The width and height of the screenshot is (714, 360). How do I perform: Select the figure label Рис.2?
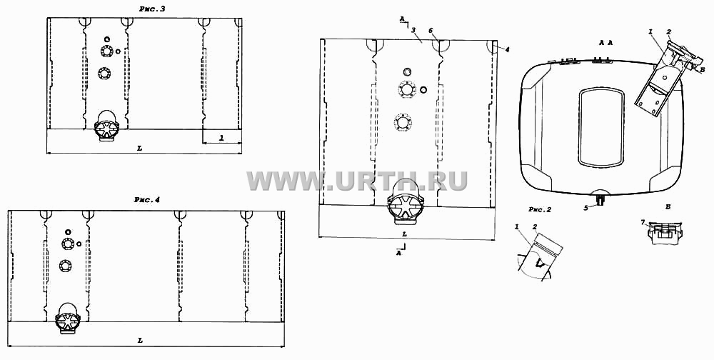click(540, 209)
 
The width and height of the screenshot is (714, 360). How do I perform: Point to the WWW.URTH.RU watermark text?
click(357, 181)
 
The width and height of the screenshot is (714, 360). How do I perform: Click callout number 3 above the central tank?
click(413, 29)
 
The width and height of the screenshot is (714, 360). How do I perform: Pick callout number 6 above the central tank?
click(431, 29)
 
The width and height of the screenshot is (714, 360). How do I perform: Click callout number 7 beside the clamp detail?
click(643, 222)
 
